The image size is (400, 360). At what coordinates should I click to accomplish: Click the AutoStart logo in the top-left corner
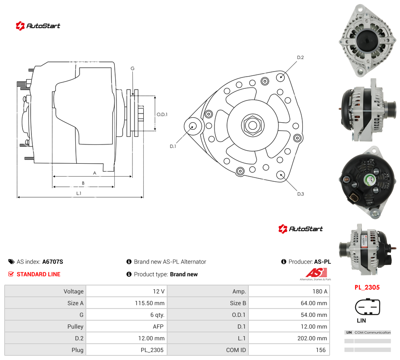(x=38, y=26)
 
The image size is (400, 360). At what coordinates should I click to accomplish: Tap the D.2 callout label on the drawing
(x=300, y=58)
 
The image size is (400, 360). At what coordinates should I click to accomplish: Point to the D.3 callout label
(x=300, y=194)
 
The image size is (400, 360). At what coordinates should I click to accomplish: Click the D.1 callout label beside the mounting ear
(x=173, y=147)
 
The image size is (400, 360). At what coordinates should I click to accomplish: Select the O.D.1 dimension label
(x=162, y=114)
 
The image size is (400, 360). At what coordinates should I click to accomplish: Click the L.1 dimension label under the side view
(x=79, y=193)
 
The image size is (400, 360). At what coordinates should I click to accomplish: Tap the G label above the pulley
(x=132, y=68)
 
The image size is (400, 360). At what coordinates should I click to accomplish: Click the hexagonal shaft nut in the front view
(x=253, y=125)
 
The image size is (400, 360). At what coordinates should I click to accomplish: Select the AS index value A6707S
(x=52, y=262)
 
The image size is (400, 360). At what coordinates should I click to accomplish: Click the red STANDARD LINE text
(x=39, y=274)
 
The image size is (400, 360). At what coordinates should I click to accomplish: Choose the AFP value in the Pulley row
(x=158, y=327)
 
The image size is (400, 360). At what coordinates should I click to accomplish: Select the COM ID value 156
(x=321, y=350)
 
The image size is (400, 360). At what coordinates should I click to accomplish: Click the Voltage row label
(x=73, y=291)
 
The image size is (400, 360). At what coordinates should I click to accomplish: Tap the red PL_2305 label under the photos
(x=367, y=287)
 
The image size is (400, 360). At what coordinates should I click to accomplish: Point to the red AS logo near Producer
(x=316, y=273)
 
